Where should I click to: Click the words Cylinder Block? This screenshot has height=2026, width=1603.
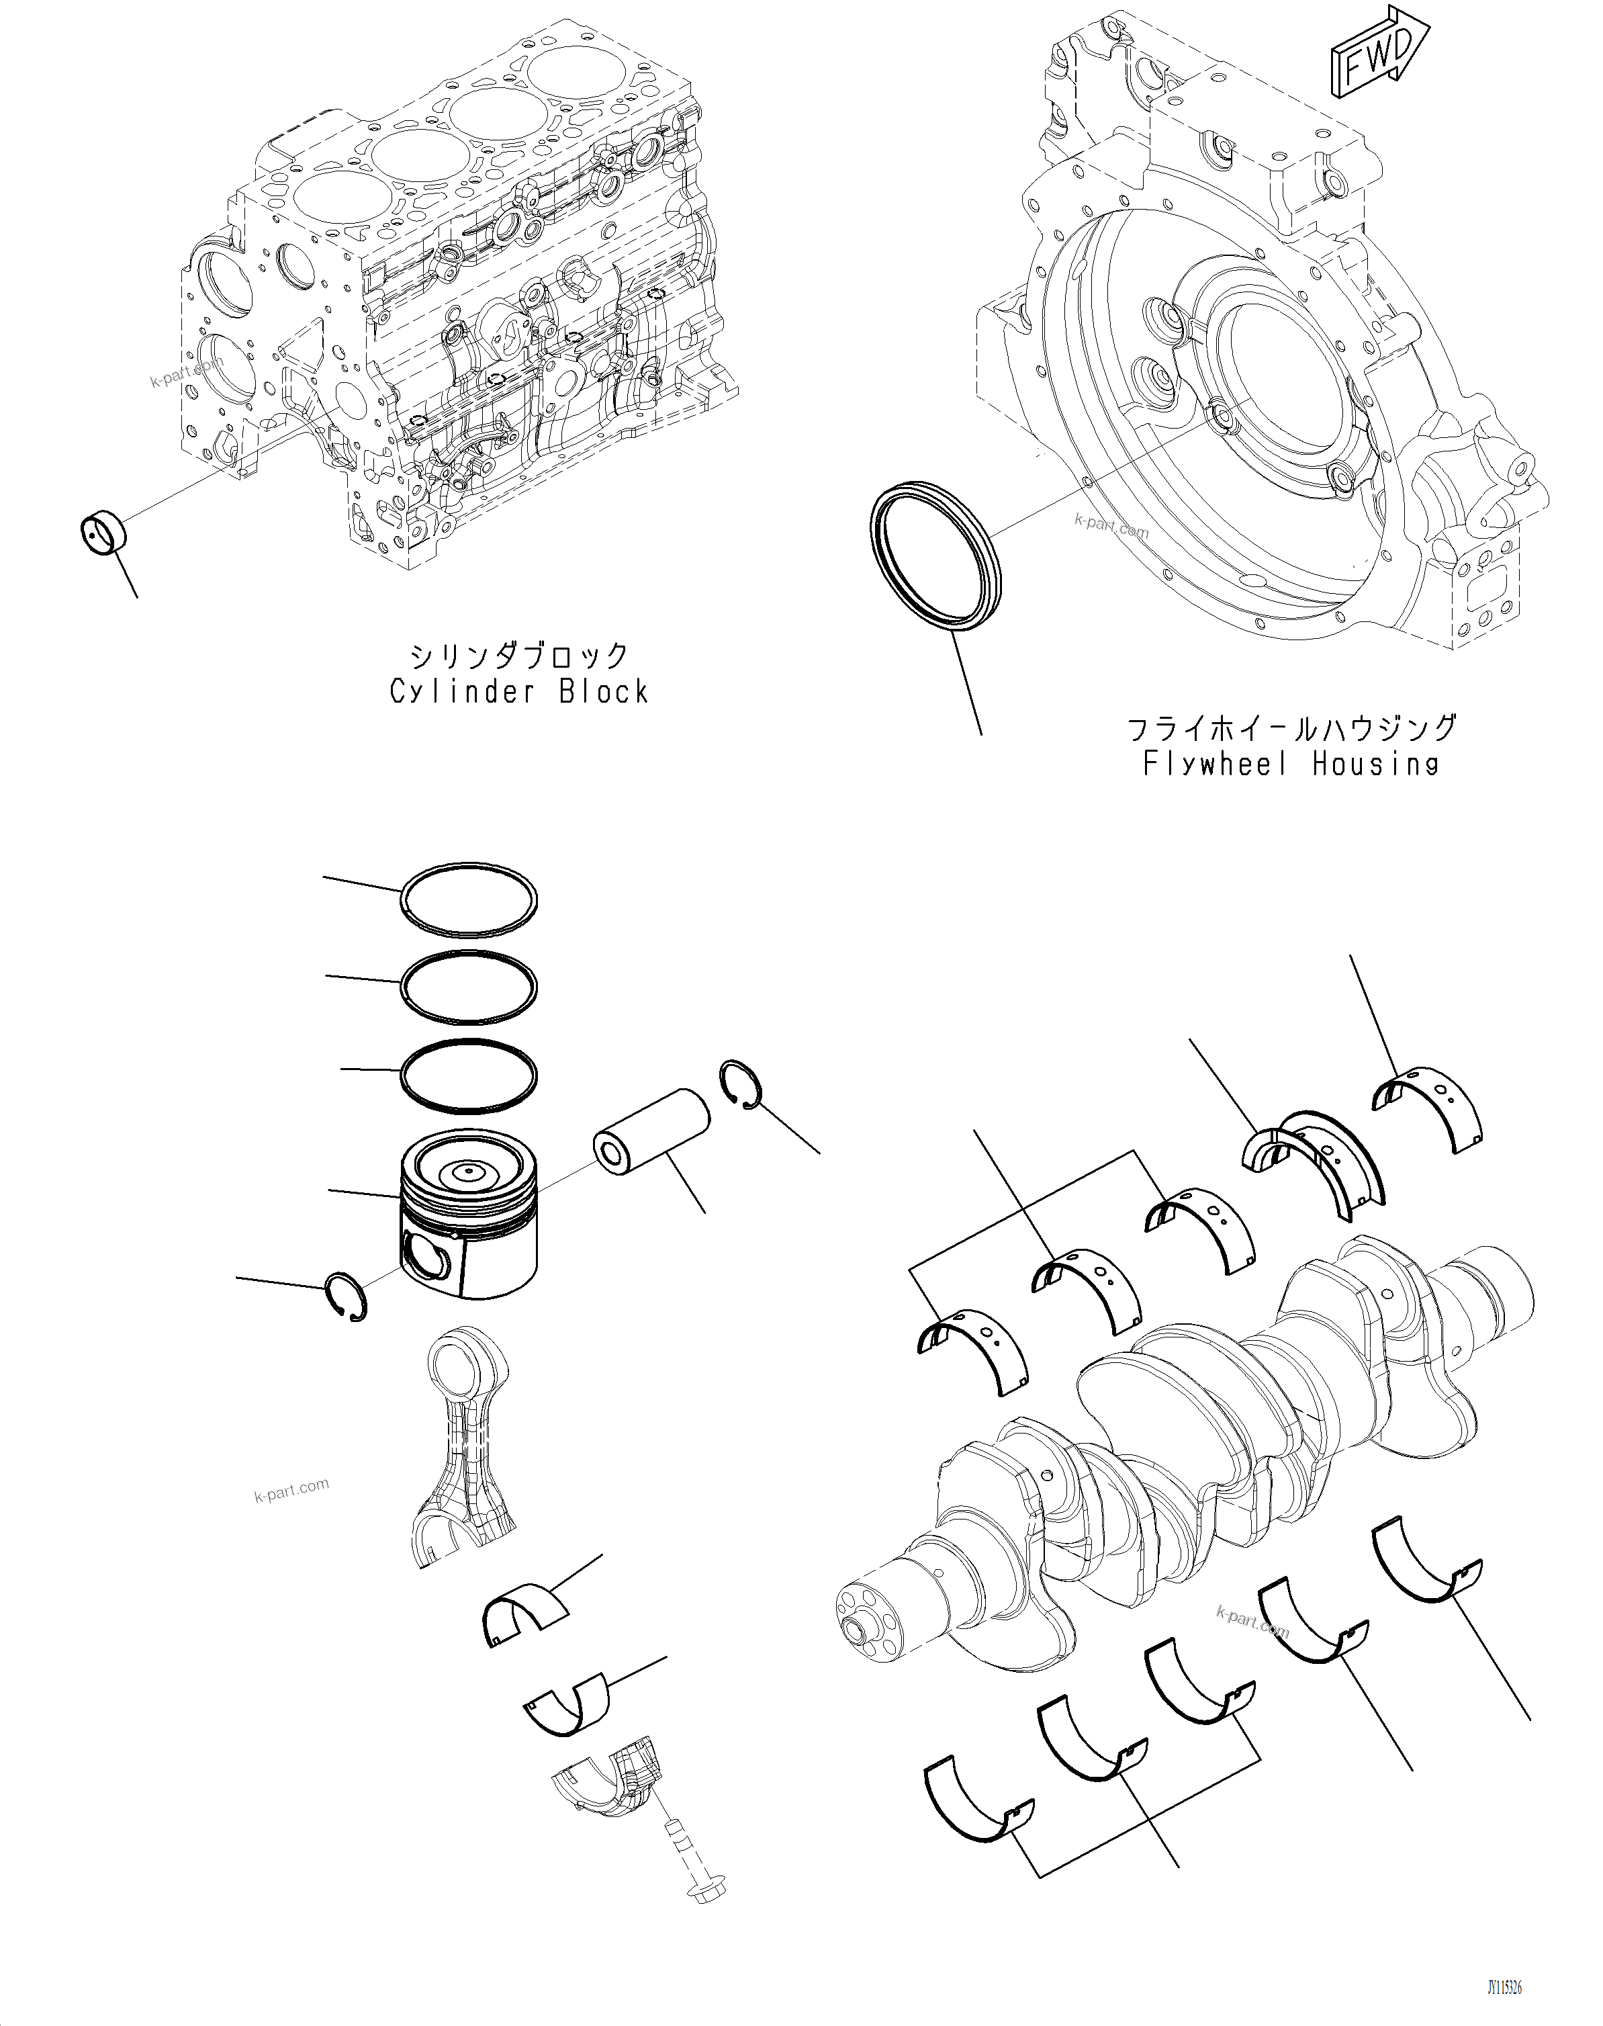coord(519,692)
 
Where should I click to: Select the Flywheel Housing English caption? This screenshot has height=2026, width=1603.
coord(1291,764)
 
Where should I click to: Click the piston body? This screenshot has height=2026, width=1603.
coord(469,1216)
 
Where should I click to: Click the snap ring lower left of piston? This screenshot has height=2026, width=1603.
coord(345,1296)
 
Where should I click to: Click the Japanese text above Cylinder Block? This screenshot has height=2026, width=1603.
coord(519,654)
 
